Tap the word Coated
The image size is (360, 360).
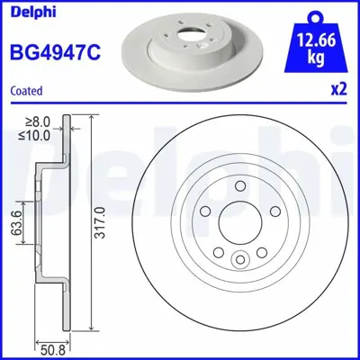pos(27,91)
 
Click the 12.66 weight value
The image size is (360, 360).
pos(315,40)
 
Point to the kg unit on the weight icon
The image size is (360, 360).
pos(315,57)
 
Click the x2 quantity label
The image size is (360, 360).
pos(339,91)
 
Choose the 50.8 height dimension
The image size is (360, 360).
pos(56,342)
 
